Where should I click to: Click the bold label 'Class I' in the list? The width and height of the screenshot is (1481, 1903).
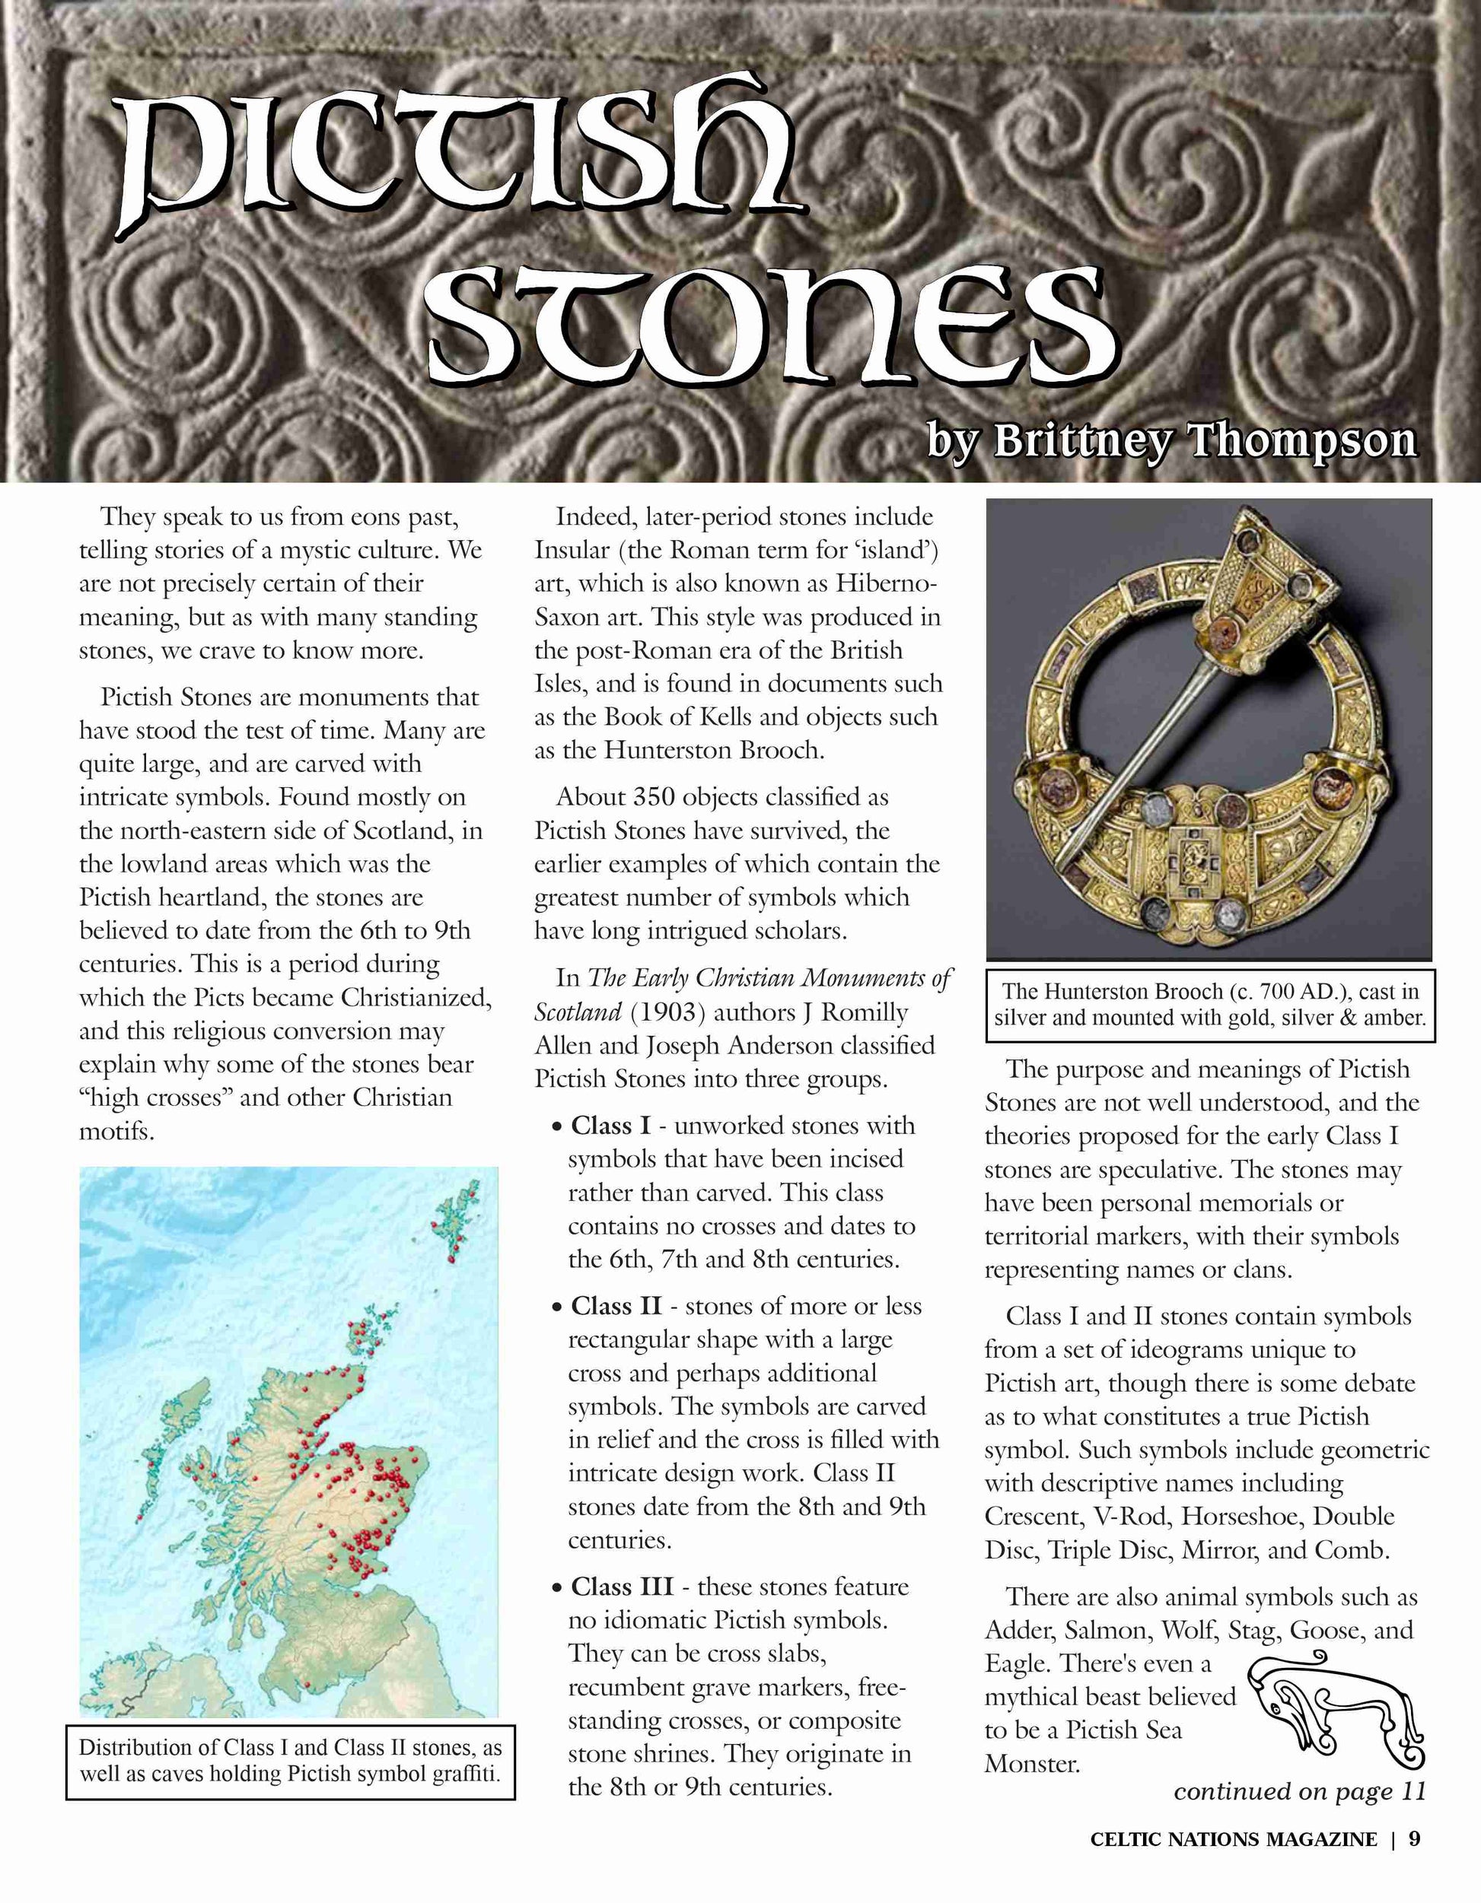610,1126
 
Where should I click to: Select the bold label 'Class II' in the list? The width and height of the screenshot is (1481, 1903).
616,1306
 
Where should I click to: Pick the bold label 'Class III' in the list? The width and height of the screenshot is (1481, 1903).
622,1587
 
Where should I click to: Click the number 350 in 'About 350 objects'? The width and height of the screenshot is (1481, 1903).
655,797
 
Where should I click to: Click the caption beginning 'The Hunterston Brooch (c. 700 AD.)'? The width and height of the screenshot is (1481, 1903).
1210,1005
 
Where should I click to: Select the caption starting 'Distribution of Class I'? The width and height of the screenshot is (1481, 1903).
290,1761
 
